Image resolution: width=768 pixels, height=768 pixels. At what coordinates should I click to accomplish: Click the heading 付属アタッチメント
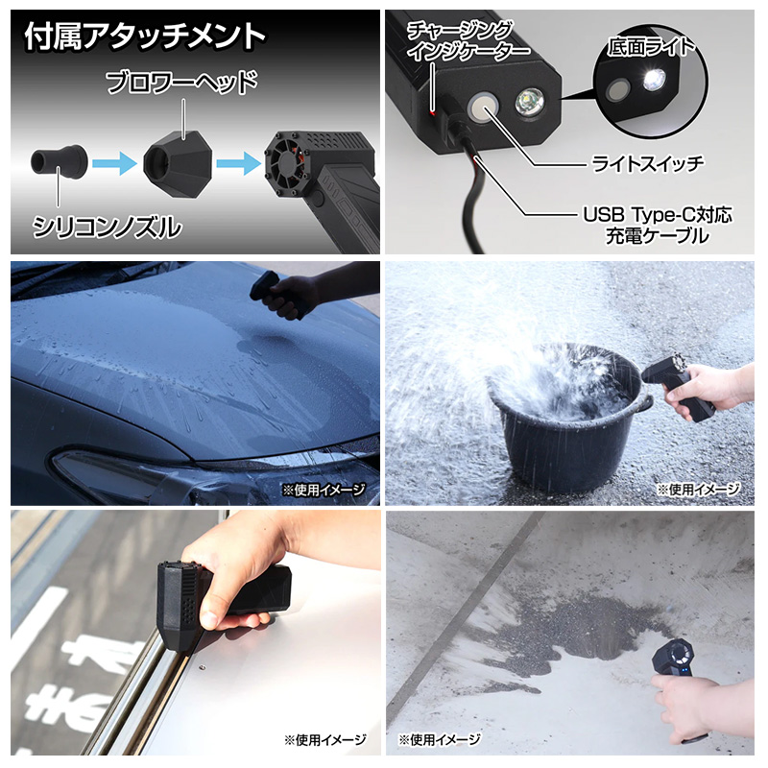pyautogui.click(x=144, y=36)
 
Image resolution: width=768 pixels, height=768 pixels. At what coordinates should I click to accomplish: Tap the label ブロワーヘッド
pyautogui.click(x=181, y=84)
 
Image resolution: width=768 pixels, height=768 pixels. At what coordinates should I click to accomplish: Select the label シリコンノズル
pyautogui.click(x=106, y=228)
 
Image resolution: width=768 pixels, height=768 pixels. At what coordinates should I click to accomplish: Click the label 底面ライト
pyautogui.click(x=651, y=46)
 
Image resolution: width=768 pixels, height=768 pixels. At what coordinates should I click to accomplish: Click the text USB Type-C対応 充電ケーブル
pyautogui.click(x=658, y=224)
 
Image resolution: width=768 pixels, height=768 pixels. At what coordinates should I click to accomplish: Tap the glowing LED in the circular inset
pyautogui.click(x=657, y=80)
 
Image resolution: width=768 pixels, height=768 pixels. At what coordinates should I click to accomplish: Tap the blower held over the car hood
pyautogui.click(x=272, y=289)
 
